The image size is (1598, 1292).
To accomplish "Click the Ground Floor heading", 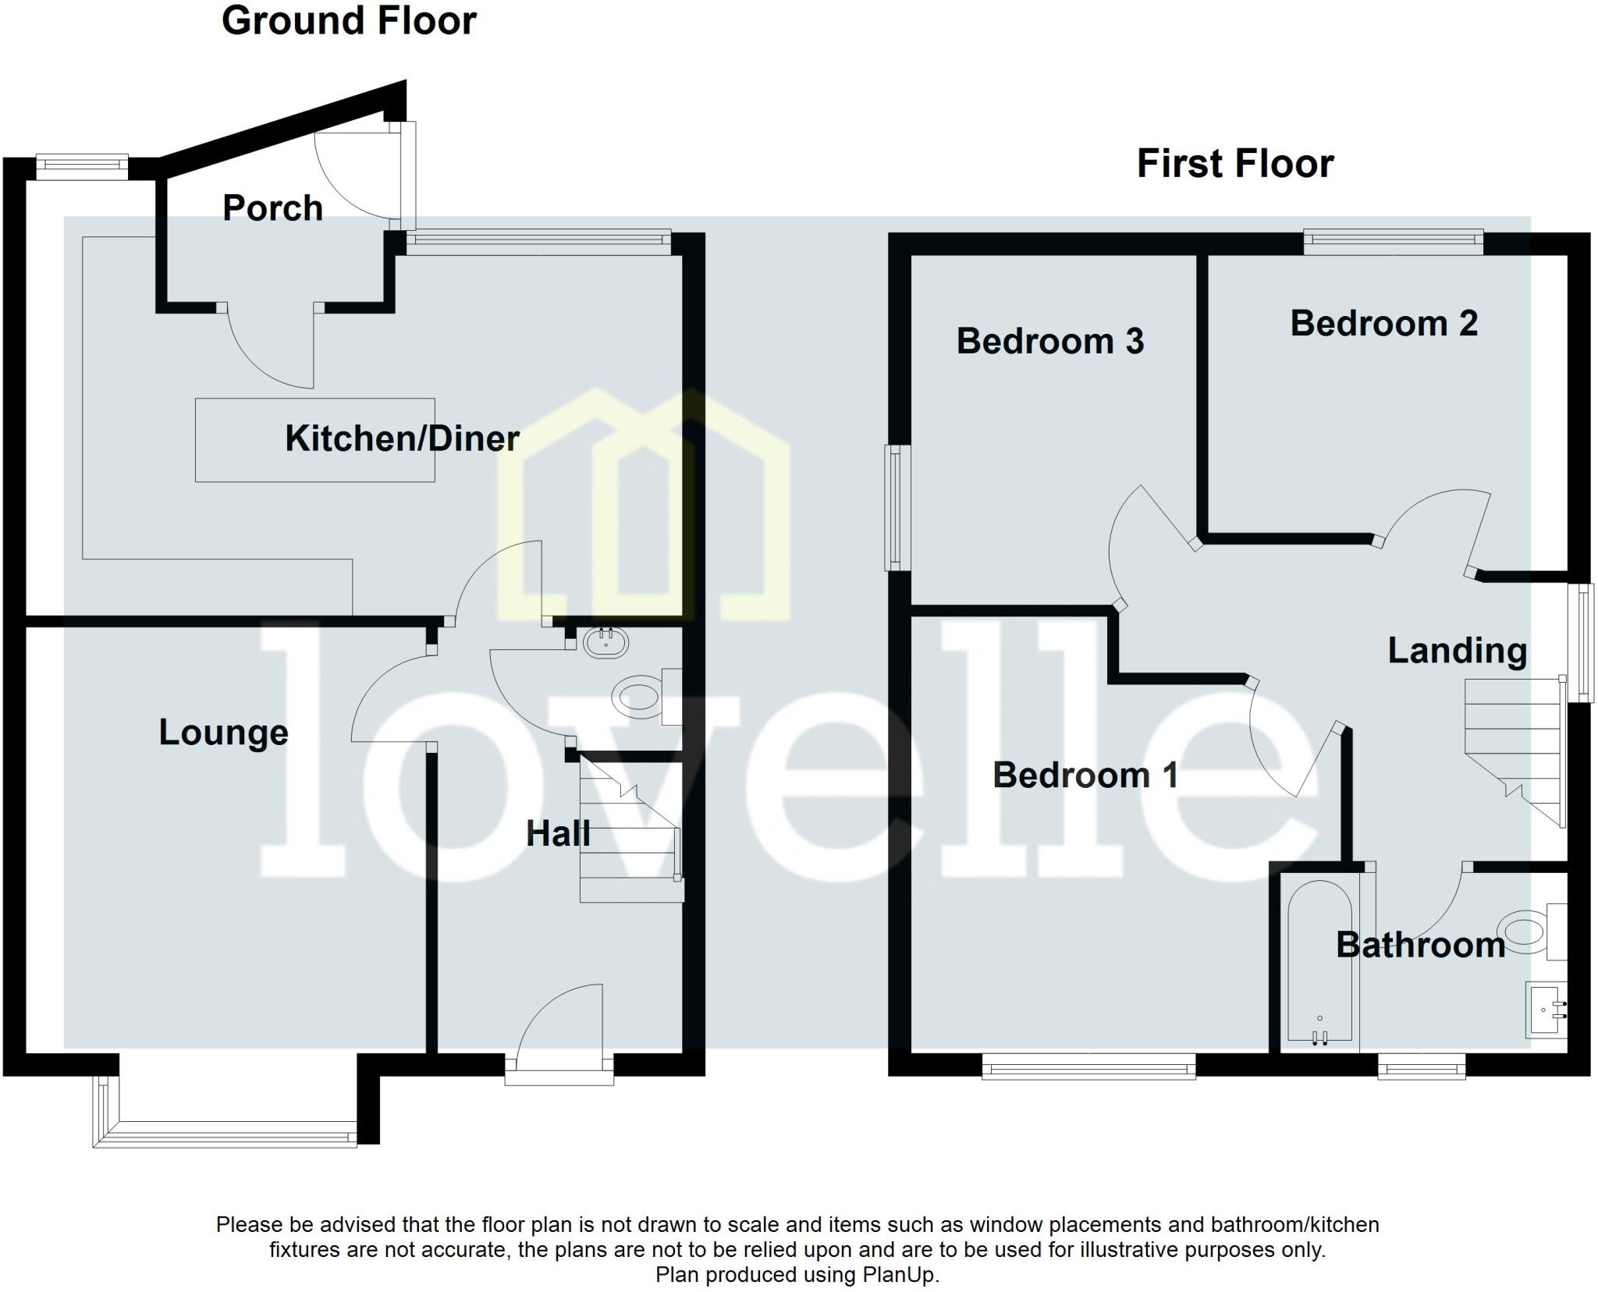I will tap(349, 21).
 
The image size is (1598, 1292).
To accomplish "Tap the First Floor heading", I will tap(1234, 165).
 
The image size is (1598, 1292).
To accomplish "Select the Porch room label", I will tap(272, 208).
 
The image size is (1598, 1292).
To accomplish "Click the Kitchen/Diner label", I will tap(402, 438).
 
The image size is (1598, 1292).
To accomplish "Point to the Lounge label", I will tap(223, 733).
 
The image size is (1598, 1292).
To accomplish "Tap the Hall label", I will tap(557, 834).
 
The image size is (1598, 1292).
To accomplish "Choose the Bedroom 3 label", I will tap(1049, 342).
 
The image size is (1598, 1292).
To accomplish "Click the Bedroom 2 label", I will tap(1383, 324).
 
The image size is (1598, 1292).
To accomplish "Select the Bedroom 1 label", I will tap(1085, 776).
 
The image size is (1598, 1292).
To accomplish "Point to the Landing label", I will tap(1457, 651).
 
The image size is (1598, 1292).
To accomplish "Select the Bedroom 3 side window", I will tap(897, 507).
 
